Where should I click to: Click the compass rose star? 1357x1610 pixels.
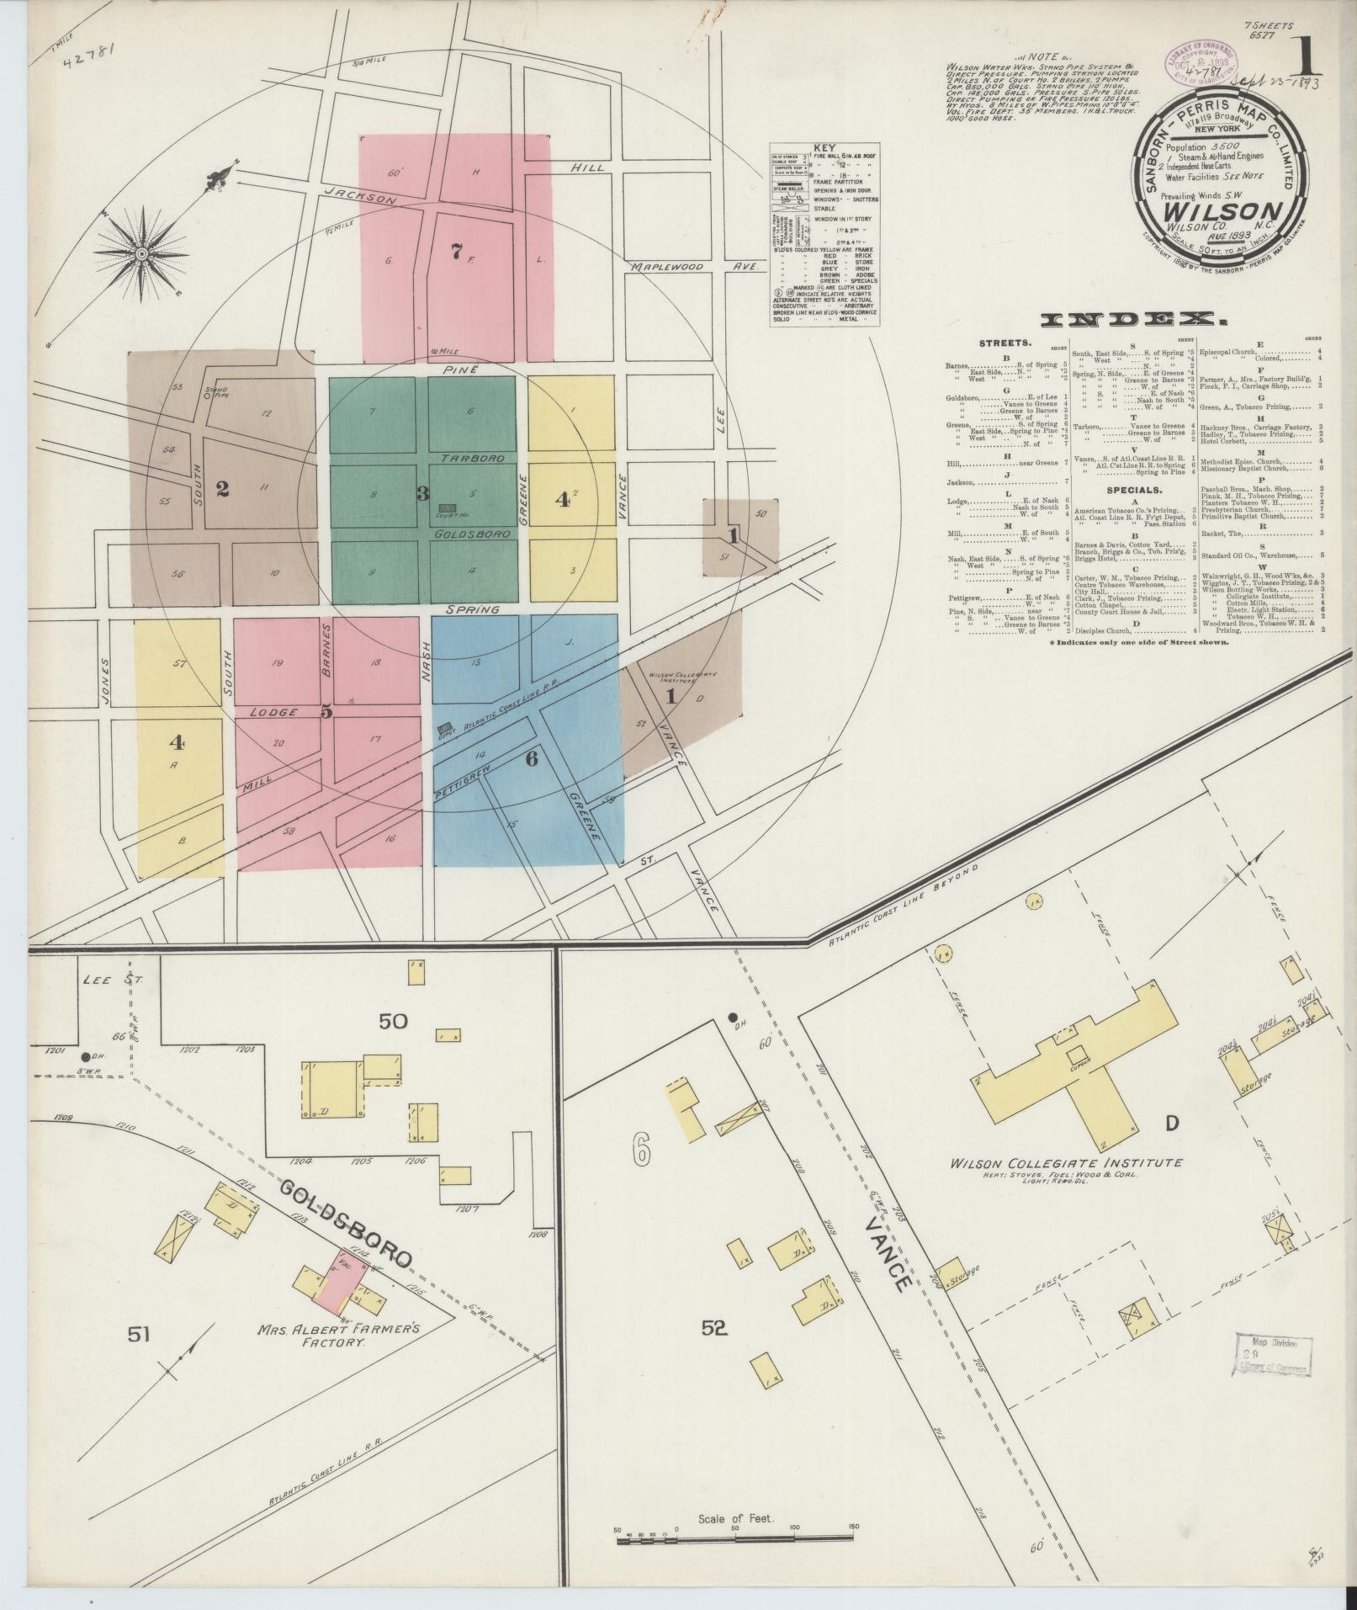142,253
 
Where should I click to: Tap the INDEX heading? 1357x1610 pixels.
1131,320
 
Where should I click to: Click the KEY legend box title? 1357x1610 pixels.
824,146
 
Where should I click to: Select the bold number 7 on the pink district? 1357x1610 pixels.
455,250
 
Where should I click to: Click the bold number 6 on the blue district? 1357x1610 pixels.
531,757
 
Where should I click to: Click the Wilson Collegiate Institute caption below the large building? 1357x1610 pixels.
1066,1162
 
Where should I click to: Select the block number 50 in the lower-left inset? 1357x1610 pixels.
393,1022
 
